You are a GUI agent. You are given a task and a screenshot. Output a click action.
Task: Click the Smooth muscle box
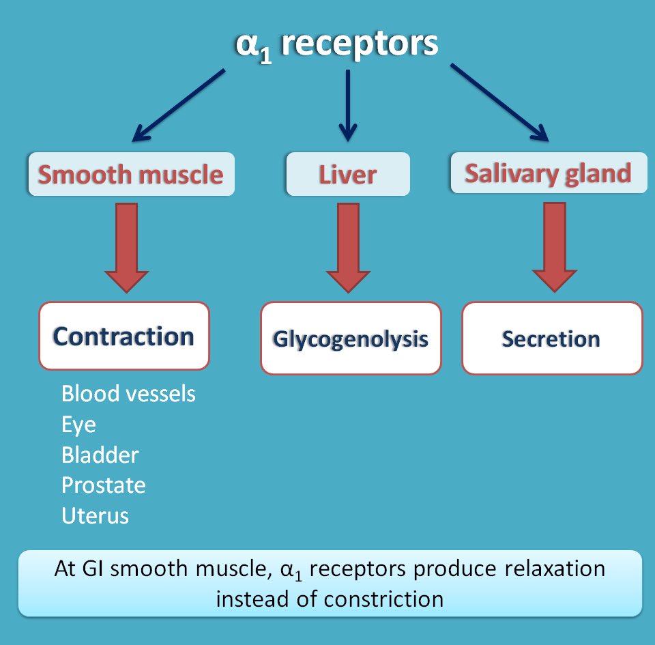coord(132,174)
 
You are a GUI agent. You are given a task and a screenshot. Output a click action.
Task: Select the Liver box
coord(348,174)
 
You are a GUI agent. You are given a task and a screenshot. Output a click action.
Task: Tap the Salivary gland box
coord(549,173)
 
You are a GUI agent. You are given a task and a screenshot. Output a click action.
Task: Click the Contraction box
coord(124,336)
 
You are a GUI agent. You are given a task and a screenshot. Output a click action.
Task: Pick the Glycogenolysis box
coord(351,338)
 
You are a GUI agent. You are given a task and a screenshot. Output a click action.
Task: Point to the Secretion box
coord(552,338)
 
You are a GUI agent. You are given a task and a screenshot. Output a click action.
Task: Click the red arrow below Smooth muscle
coord(127,247)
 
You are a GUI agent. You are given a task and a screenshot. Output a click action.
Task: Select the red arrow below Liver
coord(348,247)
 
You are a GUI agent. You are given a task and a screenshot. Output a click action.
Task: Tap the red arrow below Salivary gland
coord(555,247)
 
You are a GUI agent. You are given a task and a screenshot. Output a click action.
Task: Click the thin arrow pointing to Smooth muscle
coord(178,106)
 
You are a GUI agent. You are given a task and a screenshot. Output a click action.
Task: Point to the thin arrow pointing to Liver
coord(348,106)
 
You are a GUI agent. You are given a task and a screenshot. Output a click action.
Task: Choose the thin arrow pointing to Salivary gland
coord(499,103)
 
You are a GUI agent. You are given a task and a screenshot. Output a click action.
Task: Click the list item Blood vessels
coord(128,394)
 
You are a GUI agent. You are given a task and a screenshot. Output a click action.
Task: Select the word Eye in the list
coord(78,425)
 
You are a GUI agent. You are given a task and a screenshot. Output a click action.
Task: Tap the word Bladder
coord(100,455)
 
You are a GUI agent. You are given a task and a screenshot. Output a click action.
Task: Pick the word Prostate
coord(104,485)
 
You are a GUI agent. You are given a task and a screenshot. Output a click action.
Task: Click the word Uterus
coord(95,515)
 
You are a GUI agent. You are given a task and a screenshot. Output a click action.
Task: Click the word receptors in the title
coord(360,44)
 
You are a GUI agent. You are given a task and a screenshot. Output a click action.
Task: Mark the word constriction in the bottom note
coord(383,599)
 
